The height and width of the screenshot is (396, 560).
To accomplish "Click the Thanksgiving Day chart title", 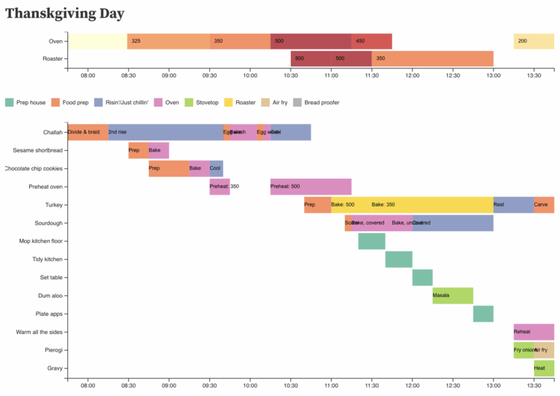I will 65,14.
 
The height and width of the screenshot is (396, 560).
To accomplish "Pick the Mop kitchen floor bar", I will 372,241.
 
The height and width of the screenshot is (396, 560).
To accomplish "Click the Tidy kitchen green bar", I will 399,259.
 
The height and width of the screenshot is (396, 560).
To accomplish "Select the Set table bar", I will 422,277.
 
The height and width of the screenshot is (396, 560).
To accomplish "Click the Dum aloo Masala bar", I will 453,295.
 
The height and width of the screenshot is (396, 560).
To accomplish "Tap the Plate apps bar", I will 483,314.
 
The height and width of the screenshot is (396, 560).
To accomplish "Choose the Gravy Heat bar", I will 544,368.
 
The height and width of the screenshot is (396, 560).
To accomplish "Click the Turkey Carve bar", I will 544,205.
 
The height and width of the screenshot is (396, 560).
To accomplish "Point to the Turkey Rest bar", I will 513,205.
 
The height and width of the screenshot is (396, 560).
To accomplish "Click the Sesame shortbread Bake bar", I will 159,150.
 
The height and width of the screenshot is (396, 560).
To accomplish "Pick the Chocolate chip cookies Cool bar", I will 217,168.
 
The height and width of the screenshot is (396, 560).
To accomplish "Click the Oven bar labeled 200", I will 534,41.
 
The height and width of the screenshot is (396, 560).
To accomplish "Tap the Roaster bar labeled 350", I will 432,58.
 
